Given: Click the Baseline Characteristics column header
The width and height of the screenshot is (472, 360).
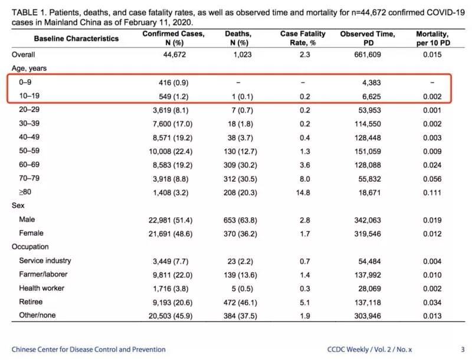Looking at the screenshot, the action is (x=76, y=38).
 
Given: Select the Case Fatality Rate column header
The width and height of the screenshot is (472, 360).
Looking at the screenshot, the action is (x=303, y=38).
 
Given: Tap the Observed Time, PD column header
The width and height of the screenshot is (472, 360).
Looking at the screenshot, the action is (x=368, y=38).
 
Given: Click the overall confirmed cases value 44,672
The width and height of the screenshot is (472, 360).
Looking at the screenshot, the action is (x=175, y=54).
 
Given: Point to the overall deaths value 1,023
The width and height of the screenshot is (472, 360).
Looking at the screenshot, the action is (x=242, y=54).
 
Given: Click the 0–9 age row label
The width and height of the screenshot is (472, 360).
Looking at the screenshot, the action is (x=25, y=82).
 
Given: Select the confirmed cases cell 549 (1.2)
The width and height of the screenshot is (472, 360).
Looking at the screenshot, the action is (x=173, y=97).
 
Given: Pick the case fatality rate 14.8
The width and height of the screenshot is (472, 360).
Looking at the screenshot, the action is (x=303, y=192).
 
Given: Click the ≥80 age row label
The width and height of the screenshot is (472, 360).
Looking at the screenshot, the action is (x=25, y=192).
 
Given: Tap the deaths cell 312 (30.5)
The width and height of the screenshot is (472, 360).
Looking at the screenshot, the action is (x=240, y=179).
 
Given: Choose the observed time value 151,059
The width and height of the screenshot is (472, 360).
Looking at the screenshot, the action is (x=368, y=152).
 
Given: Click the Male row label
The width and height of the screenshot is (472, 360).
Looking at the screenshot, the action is (x=27, y=219).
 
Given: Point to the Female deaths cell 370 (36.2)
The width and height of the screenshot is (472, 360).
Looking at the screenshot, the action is (x=240, y=234).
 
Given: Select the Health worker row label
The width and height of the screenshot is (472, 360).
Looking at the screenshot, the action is (x=41, y=288).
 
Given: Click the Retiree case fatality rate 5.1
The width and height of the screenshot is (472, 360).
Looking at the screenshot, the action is (x=305, y=303).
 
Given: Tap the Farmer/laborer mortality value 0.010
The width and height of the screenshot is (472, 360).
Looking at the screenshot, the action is (x=432, y=275).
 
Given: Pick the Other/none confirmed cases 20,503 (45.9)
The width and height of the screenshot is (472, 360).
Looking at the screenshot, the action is (x=171, y=316).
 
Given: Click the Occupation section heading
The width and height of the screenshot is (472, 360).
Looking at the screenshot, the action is (x=30, y=247).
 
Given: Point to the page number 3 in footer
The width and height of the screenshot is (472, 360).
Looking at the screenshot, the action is (x=463, y=349).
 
